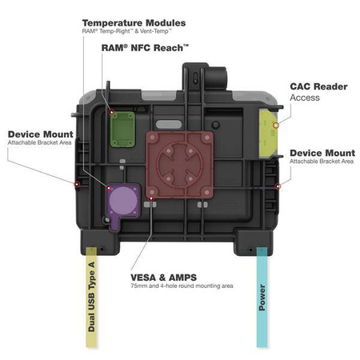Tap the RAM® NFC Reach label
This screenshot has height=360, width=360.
[144, 48]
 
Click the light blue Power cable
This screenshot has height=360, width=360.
[261, 304]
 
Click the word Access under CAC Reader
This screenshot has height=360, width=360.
[305, 98]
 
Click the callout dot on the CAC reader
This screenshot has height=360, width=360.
[275, 124]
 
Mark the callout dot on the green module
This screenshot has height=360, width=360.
[113, 111]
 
